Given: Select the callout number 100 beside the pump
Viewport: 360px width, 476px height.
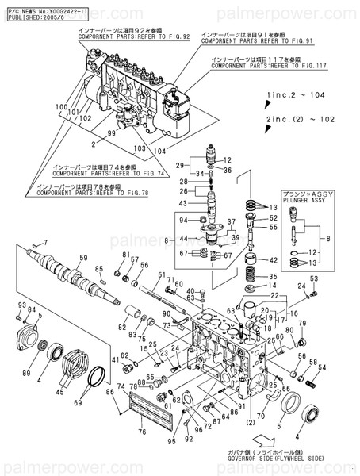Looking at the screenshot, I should click(x=61, y=106).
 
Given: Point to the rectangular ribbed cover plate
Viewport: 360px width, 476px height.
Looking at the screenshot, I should click(x=143, y=409).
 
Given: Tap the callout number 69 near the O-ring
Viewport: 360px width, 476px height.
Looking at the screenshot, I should click(x=78, y=403).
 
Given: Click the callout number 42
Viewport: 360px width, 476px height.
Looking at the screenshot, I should click(x=274, y=259).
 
